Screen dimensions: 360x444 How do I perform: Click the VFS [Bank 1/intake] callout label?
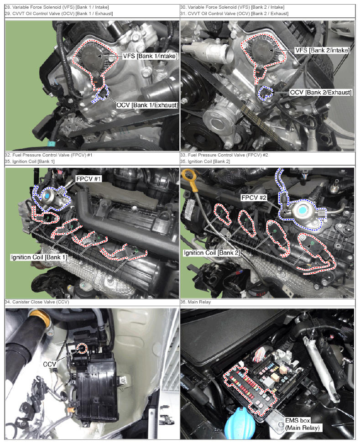150,56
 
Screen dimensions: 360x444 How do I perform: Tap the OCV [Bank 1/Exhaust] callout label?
147,105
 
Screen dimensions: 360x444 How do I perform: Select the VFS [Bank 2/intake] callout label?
322,50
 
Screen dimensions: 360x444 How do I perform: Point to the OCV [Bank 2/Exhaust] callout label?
321,92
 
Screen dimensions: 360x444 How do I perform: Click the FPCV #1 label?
89,179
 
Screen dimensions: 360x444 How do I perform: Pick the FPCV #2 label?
254,198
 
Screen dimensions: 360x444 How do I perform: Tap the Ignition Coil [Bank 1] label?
39,257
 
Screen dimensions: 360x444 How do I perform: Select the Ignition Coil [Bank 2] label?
212,253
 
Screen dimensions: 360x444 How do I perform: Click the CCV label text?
50,364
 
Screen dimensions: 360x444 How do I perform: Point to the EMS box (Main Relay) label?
302,424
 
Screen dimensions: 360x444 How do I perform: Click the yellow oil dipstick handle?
188,176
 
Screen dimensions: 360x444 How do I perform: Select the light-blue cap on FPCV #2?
303,210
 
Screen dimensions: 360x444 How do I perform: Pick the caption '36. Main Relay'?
196,302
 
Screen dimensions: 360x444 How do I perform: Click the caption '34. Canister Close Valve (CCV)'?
37,302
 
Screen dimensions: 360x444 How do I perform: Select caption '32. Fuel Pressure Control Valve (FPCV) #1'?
48,155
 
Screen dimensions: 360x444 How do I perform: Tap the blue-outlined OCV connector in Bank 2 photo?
266,93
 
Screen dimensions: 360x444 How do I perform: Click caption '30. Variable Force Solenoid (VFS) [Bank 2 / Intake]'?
232,7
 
